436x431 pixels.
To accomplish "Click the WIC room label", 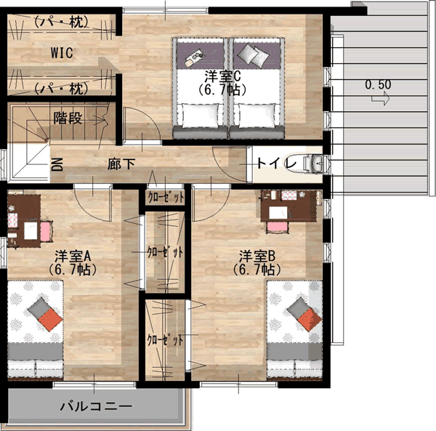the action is [62, 53].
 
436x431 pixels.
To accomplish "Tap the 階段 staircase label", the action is [68, 118].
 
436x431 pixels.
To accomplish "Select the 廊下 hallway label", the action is [121, 164].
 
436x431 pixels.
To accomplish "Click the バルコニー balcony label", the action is [96, 406].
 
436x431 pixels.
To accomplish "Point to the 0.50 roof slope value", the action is [378, 84].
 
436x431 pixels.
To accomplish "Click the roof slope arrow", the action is [380, 98].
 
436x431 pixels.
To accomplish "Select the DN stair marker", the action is [57, 164].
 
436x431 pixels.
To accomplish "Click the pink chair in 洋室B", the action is [278, 227].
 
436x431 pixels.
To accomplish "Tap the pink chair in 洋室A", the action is [47, 231].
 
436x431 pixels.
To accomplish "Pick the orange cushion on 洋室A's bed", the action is [50, 320].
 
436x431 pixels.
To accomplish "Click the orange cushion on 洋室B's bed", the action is [310, 320].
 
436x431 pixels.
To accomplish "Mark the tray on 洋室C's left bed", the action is [194, 57].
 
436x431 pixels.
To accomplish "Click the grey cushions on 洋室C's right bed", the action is [253, 56].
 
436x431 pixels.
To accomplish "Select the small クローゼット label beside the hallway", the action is [166, 197].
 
